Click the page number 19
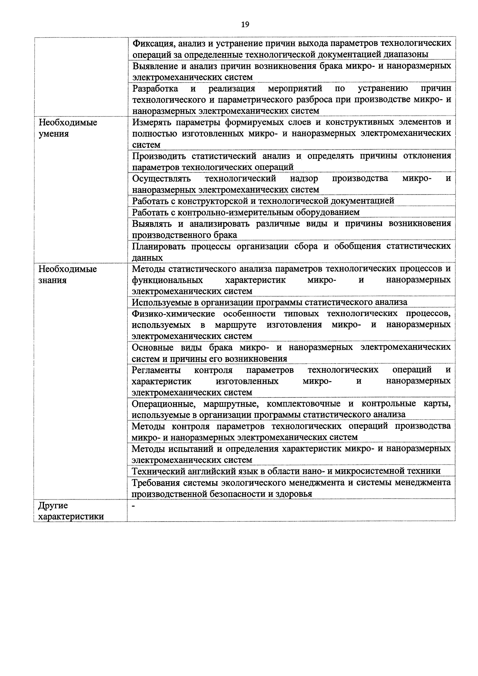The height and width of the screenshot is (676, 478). (x=245, y=24)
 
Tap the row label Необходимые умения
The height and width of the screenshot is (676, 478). (x=68, y=128)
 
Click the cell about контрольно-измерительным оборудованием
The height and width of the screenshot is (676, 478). (x=246, y=212)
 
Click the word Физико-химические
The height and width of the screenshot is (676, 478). (x=173, y=314)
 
